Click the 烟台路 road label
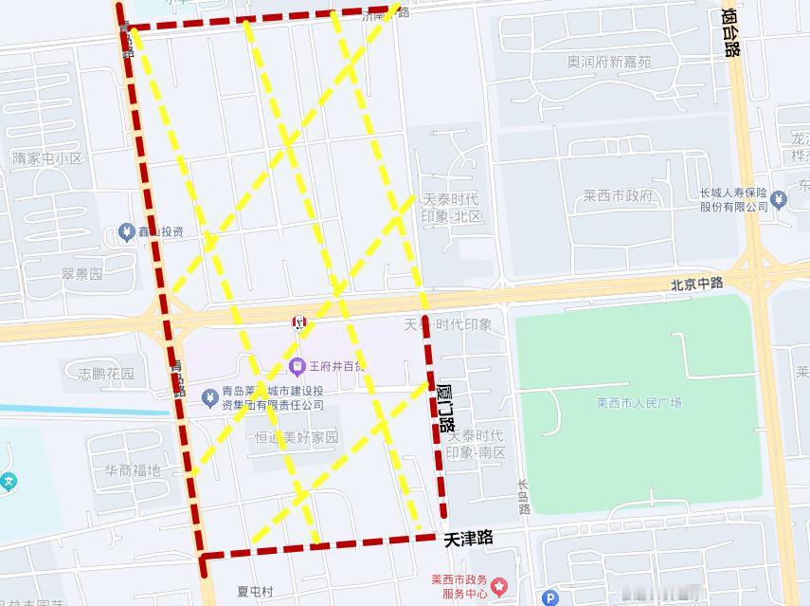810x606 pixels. click(729, 33)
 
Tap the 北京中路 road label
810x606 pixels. click(696, 284)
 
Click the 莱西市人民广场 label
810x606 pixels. click(639, 403)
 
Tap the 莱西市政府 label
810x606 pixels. click(618, 196)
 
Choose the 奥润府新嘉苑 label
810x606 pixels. click(609, 62)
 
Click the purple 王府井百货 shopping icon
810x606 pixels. click(297, 365)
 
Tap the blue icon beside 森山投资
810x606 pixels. click(126, 231)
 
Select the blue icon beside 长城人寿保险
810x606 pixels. click(779, 199)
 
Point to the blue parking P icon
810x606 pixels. click(550, 597)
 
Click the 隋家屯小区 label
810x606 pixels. click(46, 158)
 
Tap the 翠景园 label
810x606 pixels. click(81, 274)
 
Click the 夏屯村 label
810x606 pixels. click(255, 592)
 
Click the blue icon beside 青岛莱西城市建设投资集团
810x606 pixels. click(210, 397)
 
